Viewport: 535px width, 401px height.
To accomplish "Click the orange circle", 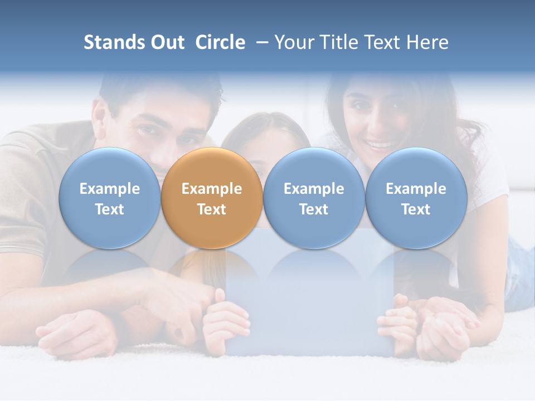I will click(x=212, y=198).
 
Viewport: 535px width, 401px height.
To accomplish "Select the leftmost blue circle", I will click(x=110, y=198).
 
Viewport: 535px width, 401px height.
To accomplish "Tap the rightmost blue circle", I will click(x=416, y=198).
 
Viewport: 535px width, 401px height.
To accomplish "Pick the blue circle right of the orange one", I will click(x=314, y=198).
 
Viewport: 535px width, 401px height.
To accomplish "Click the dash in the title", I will click(x=261, y=42).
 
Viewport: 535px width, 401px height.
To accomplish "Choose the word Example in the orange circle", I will click(x=212, y=189).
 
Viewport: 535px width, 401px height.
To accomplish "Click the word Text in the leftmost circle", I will click(x=110, y=209).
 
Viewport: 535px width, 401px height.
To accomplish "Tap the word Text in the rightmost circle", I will click(x=416, y=209).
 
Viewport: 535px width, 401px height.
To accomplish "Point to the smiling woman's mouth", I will click(x=381, y=146).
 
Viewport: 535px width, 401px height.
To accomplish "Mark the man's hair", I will click(x=162, y=89).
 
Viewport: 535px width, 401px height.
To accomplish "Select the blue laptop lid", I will click(x=309, y=301).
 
